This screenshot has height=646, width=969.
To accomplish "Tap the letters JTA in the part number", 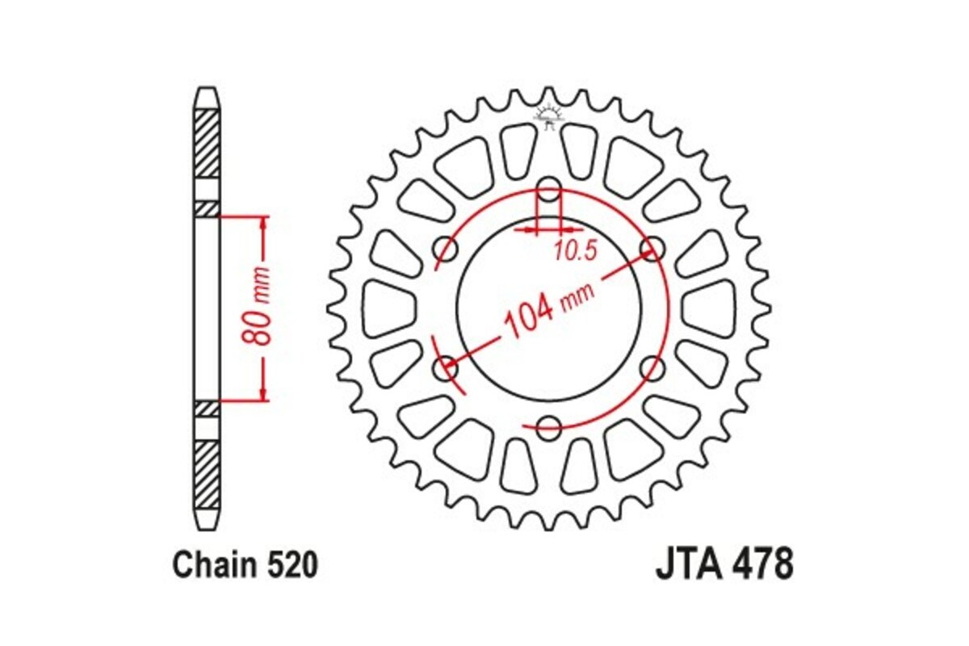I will [686, 564].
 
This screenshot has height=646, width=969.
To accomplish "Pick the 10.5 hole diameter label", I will [575, 252].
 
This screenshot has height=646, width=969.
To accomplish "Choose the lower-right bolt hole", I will [651, 369].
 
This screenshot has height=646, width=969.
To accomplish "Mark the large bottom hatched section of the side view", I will [207, 474].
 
